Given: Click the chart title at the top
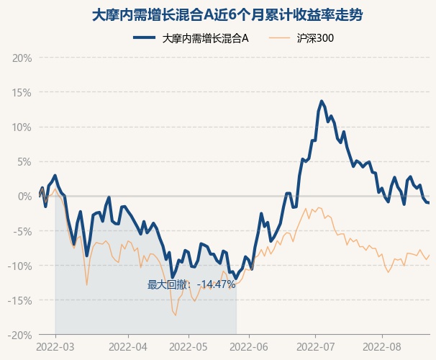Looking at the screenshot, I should click(217, 14).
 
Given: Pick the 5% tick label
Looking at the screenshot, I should click(24, 161).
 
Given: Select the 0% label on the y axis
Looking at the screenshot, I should click(24, 196).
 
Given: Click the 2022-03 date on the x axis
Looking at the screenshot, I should click(55, 346).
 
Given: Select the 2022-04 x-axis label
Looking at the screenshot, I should click(128, 346).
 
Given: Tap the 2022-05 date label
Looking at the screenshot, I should click(189, 346).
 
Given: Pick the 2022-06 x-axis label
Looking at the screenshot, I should click(249, 346).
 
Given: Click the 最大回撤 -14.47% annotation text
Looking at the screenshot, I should click(191, 285).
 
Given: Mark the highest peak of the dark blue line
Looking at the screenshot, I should click(322, 102).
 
